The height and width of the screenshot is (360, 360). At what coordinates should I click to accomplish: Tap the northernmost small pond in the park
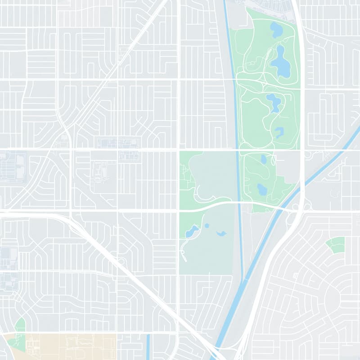click(x=275, y=29)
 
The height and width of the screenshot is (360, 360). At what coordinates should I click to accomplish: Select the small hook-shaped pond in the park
click(x=280, y=132)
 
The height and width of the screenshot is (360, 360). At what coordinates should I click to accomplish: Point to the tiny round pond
click(x=207, y=225)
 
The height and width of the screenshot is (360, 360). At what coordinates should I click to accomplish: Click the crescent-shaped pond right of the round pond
click(x=221, y=234)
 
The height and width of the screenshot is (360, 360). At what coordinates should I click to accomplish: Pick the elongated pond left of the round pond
click(x=192, y=232)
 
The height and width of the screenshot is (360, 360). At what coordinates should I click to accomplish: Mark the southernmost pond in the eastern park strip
click(x=262, y=189)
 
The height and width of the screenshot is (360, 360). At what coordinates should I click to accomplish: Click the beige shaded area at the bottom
click(x=67, y=346)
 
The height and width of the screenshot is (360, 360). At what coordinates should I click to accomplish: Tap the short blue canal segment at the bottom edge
click(x=148, y=346)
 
